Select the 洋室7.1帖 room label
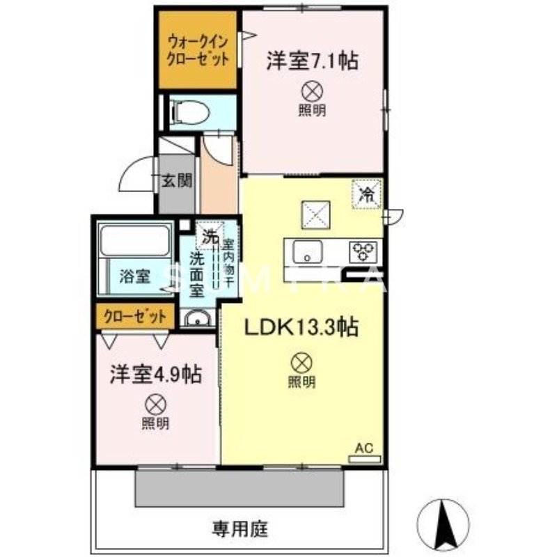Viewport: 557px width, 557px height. tap(311, 61)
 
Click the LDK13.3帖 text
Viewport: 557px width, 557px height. tap(300, 327)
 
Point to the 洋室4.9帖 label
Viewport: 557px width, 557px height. tap(155, 375)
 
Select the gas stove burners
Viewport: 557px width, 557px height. tap(363, 249)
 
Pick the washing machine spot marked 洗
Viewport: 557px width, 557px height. tap(208, 235)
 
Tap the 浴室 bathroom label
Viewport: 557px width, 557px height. tap(134, 276)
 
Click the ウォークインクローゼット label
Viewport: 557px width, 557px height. tap(198, 52)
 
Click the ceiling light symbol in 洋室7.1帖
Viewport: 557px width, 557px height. tap(312, 90)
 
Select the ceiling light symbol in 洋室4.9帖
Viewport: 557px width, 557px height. tap(155, 404)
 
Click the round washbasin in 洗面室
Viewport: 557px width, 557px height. tap(198, 320)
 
